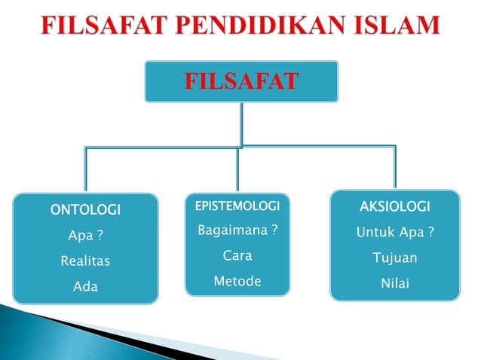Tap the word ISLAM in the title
[392, 26]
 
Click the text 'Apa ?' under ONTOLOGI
[85, 236]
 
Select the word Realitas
[85, 261]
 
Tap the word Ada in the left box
[85, 287]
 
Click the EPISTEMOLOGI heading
[237, 205]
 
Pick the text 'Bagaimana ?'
[237, 230]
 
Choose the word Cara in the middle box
[237, 255]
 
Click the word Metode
[237, 281]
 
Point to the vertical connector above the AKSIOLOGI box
[394, 169]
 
